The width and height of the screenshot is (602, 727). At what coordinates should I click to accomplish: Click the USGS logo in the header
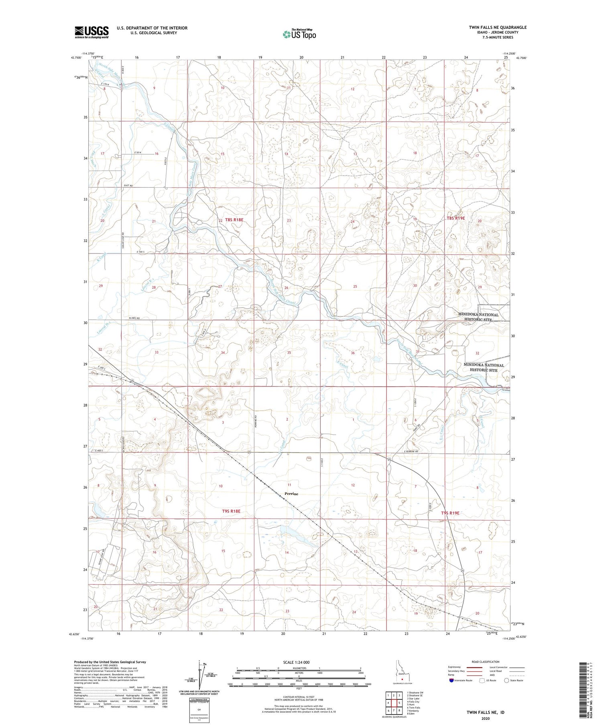(92, 32)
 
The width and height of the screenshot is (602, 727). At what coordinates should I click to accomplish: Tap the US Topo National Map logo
(299, 34)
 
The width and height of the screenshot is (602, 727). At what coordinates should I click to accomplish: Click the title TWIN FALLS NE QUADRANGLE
(498, 27)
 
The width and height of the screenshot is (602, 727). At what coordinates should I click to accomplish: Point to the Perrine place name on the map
(291, 494)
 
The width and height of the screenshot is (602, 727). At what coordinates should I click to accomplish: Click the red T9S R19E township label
(450, 513)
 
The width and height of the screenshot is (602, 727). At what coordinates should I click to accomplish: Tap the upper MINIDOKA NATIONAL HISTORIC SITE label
(478, 317)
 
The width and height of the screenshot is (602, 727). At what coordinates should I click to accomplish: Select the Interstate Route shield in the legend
(451, 680)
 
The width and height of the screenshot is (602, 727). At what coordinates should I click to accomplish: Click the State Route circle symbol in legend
(506, 680)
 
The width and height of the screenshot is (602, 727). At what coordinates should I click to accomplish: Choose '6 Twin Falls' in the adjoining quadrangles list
(413, 708)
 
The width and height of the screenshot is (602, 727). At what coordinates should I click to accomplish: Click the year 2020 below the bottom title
(485, 719)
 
